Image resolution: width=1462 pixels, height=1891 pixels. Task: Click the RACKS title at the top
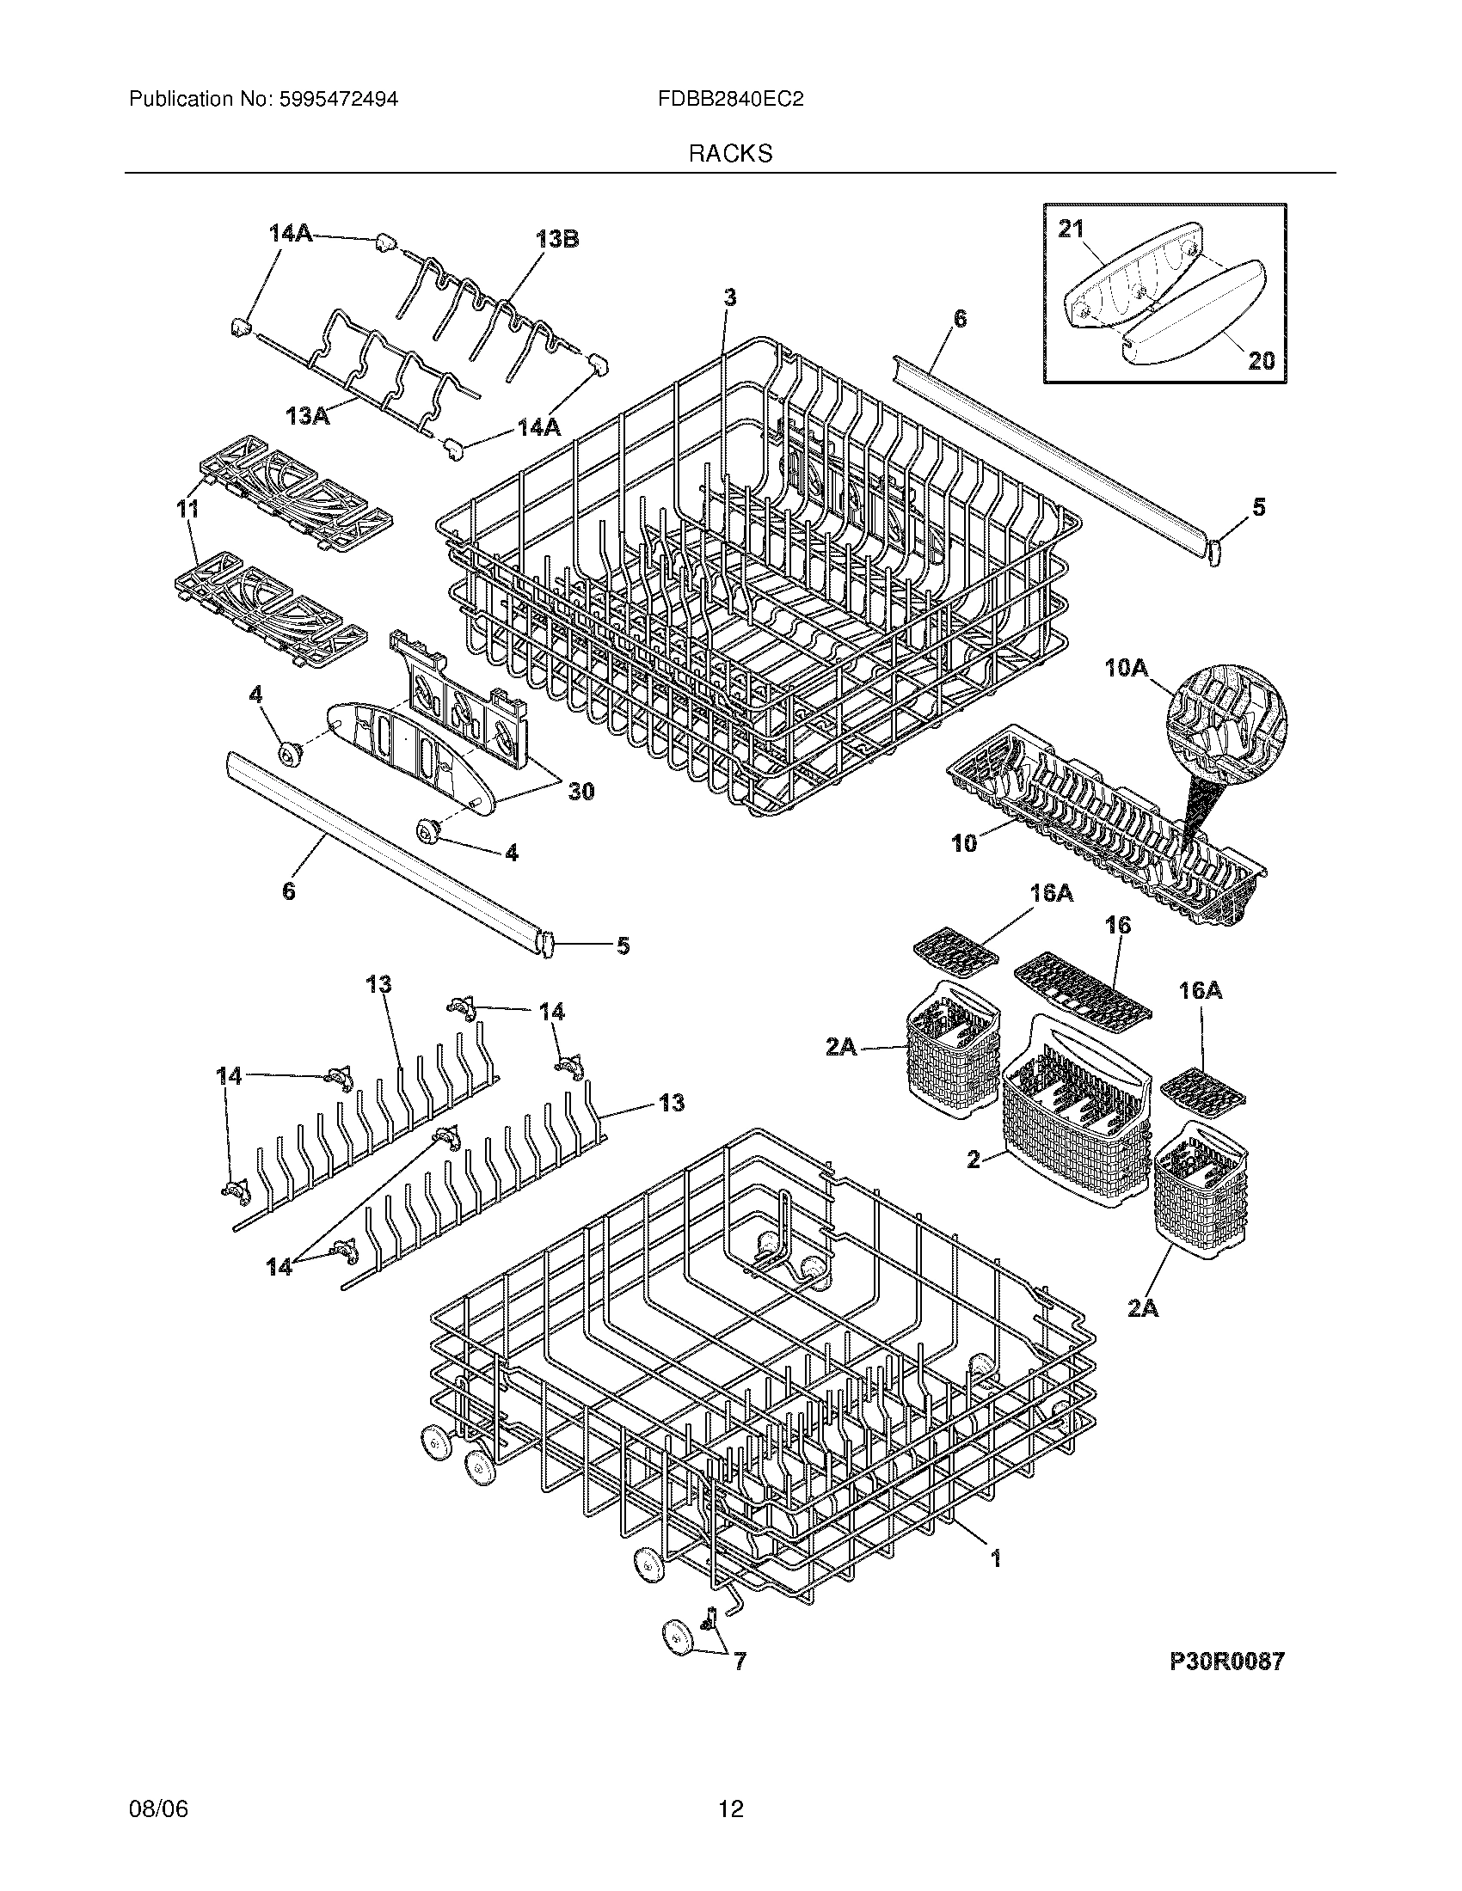click(x=730, y=154)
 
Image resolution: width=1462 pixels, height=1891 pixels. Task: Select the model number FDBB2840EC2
click(x=730, y=100)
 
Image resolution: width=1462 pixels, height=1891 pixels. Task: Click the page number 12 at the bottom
click(x=730, y=1808)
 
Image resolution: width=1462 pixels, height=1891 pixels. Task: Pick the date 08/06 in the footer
click(x=158, y=1808)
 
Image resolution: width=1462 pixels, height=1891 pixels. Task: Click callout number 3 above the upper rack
click(x=730, y=298)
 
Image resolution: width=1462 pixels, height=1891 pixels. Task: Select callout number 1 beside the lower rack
click(x=995, y=1558)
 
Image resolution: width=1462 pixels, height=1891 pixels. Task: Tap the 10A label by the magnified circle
click(x=1126, y=667)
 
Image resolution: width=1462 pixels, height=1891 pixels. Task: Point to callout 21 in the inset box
click(x=1071, y=229)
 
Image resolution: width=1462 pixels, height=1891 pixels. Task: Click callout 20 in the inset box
click(x=1261, y=360)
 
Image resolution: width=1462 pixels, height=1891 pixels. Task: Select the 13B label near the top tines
click(x=557, y=239)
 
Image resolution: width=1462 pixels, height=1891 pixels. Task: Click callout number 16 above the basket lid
click(x=1117, y=926)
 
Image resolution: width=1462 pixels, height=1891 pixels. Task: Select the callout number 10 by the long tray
click(x=963, y=842)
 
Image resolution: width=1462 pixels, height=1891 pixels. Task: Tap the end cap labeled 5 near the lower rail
click(x=546, y=942)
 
